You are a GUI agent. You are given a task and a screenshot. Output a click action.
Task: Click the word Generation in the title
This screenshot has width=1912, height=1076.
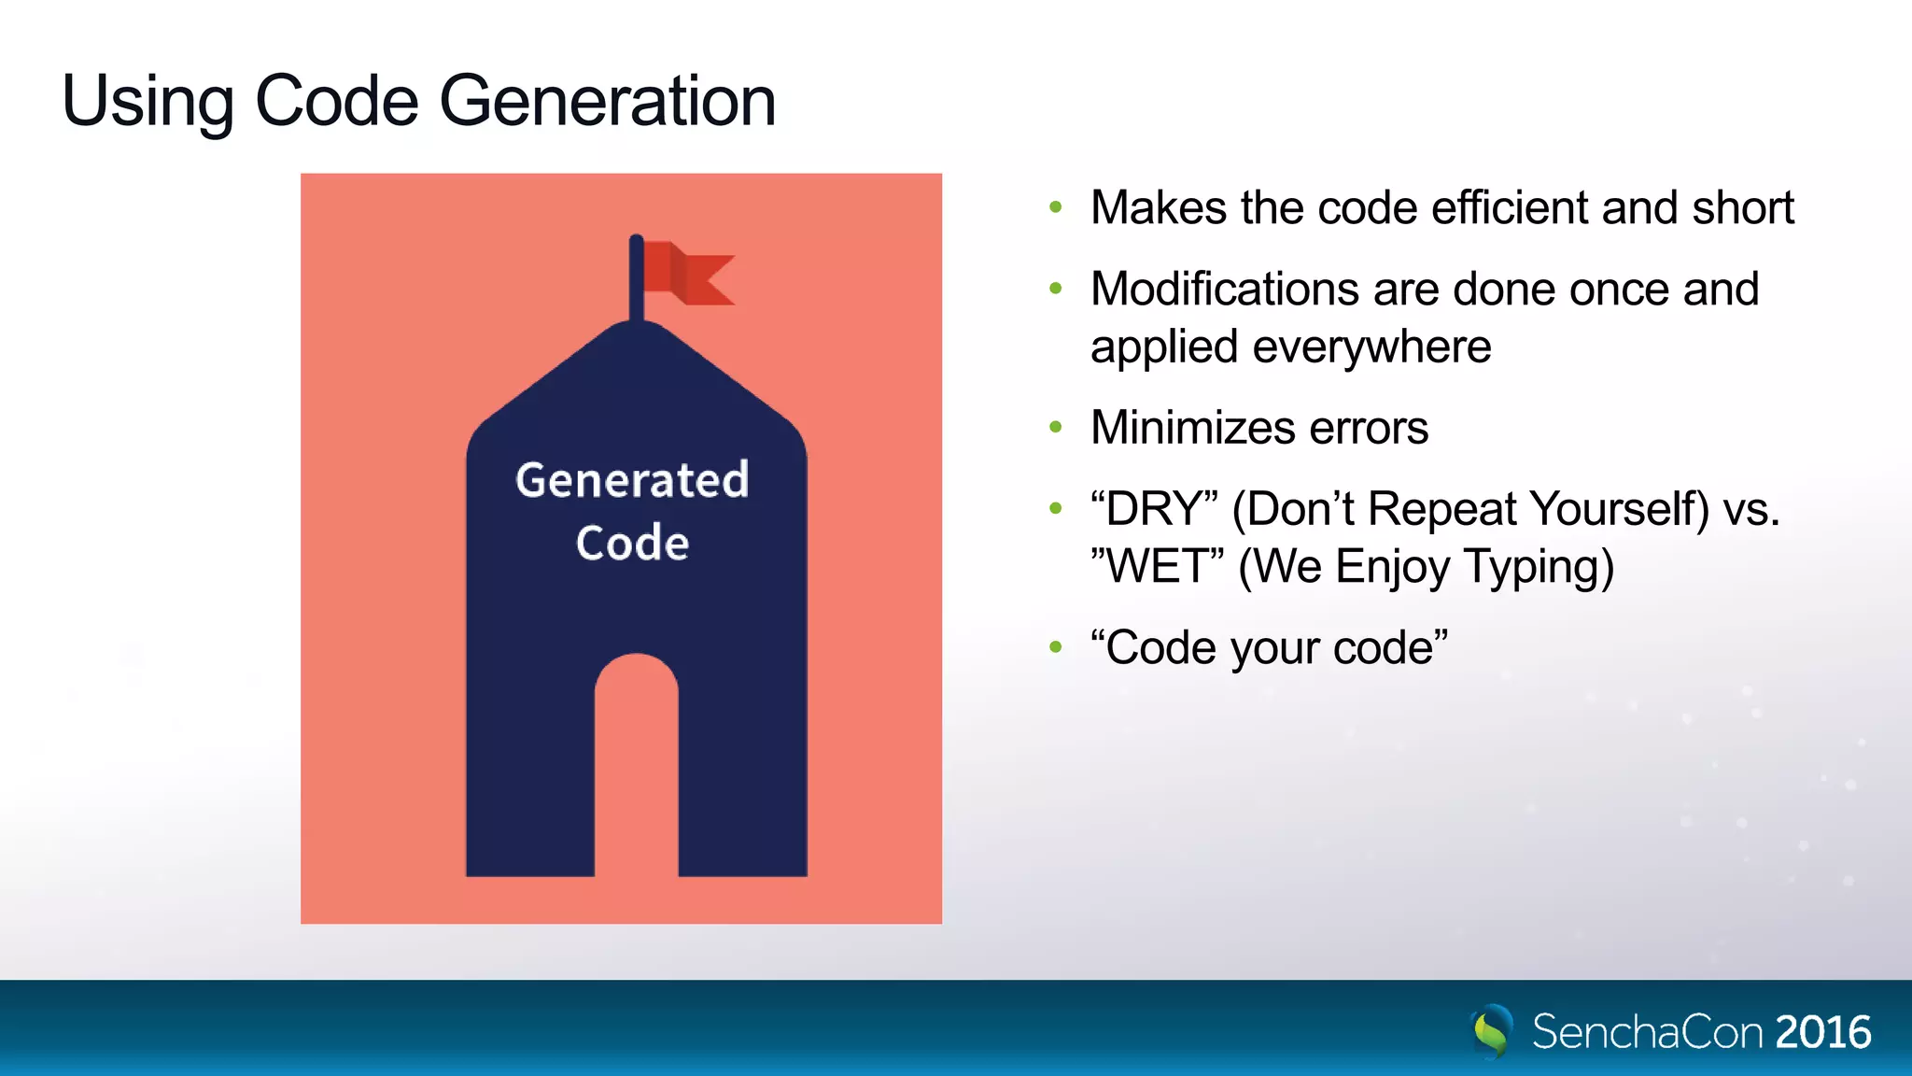(608, 101)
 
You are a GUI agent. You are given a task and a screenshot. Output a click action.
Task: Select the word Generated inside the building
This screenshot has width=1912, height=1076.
(632, 480)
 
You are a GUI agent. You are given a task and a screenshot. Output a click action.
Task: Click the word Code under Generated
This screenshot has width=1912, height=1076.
(632, 544)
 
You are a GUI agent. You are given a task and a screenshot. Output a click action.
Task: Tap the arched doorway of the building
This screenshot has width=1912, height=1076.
(637, 766)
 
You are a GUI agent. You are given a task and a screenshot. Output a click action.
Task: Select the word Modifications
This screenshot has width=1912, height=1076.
(1224, 289)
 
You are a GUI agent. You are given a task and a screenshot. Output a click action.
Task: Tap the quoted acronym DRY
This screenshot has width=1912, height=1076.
(1155, 510)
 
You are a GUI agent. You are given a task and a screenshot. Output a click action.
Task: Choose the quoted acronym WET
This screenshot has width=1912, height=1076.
(1158, 567)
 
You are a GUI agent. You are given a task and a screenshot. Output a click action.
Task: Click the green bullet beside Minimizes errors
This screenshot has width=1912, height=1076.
(1056, 428)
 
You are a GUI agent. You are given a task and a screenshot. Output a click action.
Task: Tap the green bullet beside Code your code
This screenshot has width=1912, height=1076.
(1056, 647)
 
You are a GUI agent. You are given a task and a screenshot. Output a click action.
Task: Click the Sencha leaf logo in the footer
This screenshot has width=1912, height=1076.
(1492, 1031)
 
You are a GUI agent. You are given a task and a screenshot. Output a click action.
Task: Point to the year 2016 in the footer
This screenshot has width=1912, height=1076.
(1823, 1033)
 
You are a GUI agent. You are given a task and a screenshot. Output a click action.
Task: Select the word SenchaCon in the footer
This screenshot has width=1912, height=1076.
(1648, 1033)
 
